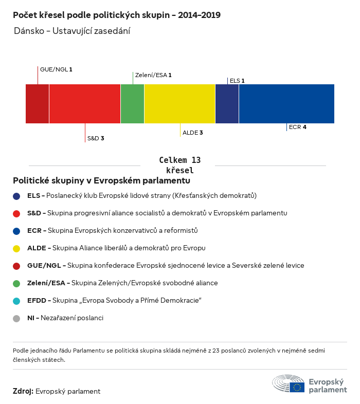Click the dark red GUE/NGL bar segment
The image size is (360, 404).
37,104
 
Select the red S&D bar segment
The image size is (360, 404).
85,104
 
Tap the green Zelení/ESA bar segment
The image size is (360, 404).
132,104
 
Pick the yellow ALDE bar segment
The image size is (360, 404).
179,104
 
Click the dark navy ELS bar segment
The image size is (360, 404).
227,104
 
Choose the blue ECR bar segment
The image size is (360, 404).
286,104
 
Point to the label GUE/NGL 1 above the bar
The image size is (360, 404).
56,69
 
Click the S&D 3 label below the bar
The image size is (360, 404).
96,138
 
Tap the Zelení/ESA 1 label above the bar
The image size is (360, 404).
153,75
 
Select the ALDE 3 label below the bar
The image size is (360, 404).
193,133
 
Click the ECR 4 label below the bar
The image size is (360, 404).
298,126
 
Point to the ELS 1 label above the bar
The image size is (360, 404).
237,81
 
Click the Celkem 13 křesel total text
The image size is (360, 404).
179,165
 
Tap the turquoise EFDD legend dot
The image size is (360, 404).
16,301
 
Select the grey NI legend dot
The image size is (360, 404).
16,318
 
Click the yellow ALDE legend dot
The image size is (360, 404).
16,248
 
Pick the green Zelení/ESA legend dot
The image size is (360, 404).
16,283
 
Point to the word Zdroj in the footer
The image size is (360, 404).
23,391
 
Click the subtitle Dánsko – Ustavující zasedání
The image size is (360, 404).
72,31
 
